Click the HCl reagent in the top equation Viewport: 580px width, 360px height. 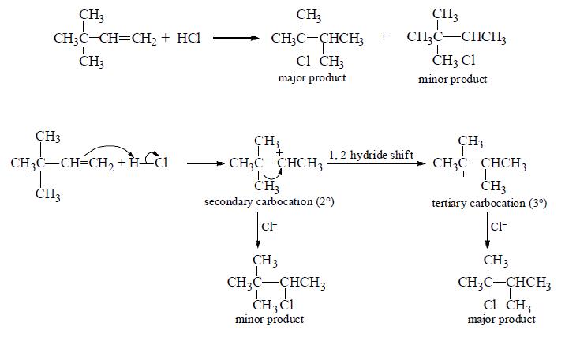coord(189,38)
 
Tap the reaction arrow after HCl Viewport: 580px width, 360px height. coord(236,38)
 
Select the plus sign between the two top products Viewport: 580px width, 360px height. coord(384,36)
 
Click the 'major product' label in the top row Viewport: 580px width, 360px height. coord(312,77)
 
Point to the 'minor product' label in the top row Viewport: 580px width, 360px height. coord(452,79)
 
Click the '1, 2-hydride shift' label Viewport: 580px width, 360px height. coord(371,155)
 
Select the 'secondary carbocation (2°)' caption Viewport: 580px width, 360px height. coord(269,202)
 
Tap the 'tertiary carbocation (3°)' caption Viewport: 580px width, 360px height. coord(489,203)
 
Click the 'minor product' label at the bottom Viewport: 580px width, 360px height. coord(269,319)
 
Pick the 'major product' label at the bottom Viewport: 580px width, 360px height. coord(501,319)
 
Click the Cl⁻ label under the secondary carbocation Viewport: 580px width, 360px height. coord(269,227)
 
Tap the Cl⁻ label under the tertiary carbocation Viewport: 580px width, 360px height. coord(499,227)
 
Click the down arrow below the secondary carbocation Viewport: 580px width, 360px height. coord(258,230)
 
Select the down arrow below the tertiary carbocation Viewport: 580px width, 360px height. coord(487,231)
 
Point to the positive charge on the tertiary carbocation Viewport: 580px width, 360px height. coord(463,174)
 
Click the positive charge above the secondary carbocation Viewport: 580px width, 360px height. coord(280,152)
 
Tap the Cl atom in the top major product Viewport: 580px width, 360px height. coord(303,61)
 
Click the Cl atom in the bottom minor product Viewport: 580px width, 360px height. coord(286,306)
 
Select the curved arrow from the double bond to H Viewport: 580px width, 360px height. coord(108,147)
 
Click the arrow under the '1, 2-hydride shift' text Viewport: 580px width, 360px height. coord(376,163)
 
